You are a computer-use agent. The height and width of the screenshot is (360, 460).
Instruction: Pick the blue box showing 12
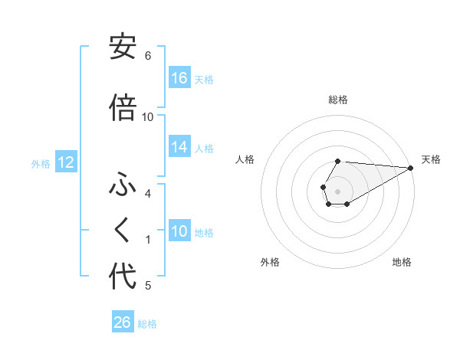tap(65, 162)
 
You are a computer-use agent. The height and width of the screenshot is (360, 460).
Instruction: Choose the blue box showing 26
tap(123, 322)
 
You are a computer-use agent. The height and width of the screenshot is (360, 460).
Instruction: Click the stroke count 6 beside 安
tap(148, 56)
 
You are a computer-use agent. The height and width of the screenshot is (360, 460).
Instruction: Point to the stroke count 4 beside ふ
tap(148, 194)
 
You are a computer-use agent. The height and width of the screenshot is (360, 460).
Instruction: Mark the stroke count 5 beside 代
tap(148, 286)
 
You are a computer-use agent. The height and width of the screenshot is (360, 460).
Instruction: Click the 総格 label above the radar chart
tap(338, 100)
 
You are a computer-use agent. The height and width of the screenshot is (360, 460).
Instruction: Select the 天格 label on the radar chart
tap(431, 159)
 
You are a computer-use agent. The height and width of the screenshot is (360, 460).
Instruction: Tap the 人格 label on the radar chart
tap(245, 159)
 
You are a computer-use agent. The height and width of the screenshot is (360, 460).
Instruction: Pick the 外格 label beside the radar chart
tap(270, 263)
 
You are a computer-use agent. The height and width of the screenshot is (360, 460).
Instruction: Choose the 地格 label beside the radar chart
tap(402, 263)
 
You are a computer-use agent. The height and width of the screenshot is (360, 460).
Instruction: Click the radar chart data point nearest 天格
tap(411, 168)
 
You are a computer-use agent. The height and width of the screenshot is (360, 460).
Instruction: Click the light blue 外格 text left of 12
tap(41, 163)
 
